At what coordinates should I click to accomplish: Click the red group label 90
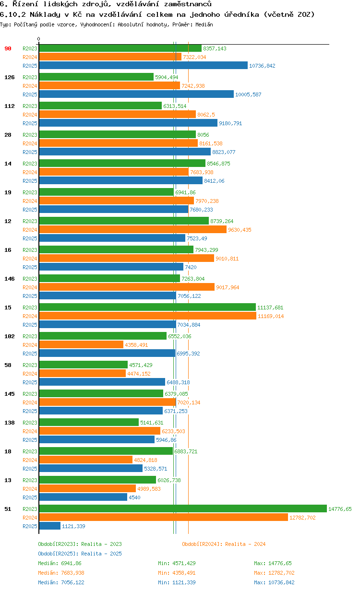7,48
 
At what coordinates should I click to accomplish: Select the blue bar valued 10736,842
143,66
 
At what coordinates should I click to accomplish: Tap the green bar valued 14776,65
182,509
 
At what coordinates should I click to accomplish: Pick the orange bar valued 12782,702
163,518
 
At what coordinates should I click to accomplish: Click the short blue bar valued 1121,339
49,526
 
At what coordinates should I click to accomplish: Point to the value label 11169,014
271,316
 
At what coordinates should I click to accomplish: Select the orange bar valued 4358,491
81,345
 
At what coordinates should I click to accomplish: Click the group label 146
10,279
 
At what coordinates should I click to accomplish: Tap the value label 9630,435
240,230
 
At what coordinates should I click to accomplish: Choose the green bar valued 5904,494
96,77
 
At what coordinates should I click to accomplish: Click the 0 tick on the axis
39,39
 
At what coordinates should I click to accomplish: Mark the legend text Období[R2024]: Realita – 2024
224,544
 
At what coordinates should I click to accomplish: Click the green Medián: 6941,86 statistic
60,563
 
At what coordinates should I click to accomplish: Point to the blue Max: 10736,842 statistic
274,582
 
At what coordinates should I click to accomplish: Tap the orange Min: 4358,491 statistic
177,573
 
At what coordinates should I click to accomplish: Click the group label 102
10,336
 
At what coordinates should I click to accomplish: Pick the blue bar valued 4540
83,497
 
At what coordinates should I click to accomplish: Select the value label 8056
204,135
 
